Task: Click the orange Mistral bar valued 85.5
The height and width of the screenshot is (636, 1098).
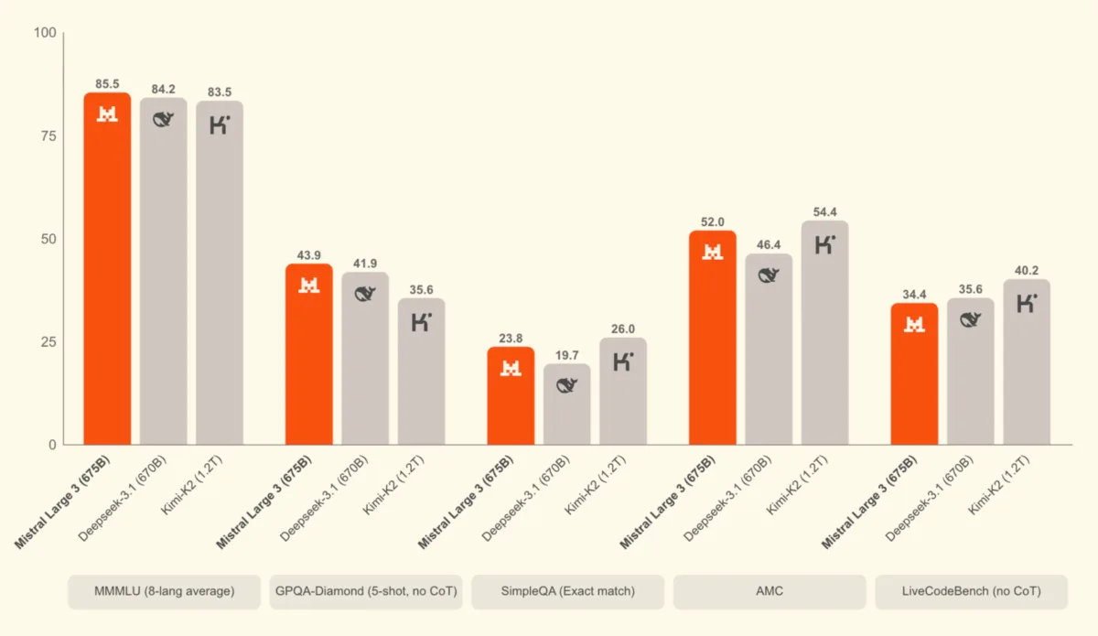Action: [107, 275]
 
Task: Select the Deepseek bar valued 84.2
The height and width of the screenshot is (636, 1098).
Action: [163, 275]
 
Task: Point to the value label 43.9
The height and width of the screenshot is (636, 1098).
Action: [309, 254]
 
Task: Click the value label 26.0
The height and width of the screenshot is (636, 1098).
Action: [622, 329]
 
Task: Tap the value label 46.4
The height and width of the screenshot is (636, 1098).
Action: [769, 244]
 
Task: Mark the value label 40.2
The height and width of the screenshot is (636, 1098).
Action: [1026, 270]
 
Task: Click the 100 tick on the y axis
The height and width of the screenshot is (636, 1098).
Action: [45, 34]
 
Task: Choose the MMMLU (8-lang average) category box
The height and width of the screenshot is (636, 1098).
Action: [164, 592]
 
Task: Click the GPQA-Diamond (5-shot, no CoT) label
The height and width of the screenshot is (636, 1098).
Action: [366, 592]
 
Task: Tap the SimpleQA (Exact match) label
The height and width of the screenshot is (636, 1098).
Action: [567, 592]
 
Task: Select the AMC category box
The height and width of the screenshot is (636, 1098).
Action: [769, 592]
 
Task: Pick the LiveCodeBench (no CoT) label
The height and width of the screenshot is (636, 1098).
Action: [971, 592]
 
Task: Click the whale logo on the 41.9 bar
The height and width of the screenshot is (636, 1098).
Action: [365, 293]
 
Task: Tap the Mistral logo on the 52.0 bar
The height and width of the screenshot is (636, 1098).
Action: [713, 252]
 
